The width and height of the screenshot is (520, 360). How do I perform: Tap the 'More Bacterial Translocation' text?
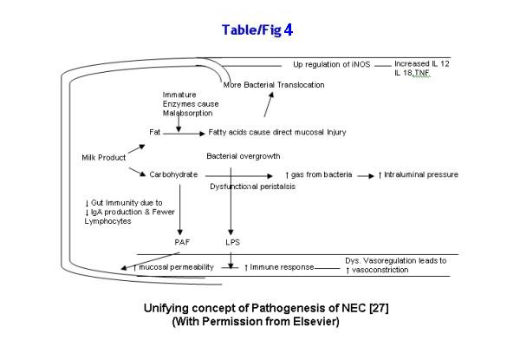tap(273, 84)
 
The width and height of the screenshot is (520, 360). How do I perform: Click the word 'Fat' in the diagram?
tap(154, 133)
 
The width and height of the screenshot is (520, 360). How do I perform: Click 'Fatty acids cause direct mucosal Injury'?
tap(277, 132)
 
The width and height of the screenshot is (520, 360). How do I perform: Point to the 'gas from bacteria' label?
tap(323, 174)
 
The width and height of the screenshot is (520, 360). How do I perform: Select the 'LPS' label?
tap(231, 242)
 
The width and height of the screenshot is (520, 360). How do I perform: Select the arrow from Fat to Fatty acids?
tap(183, 134)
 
